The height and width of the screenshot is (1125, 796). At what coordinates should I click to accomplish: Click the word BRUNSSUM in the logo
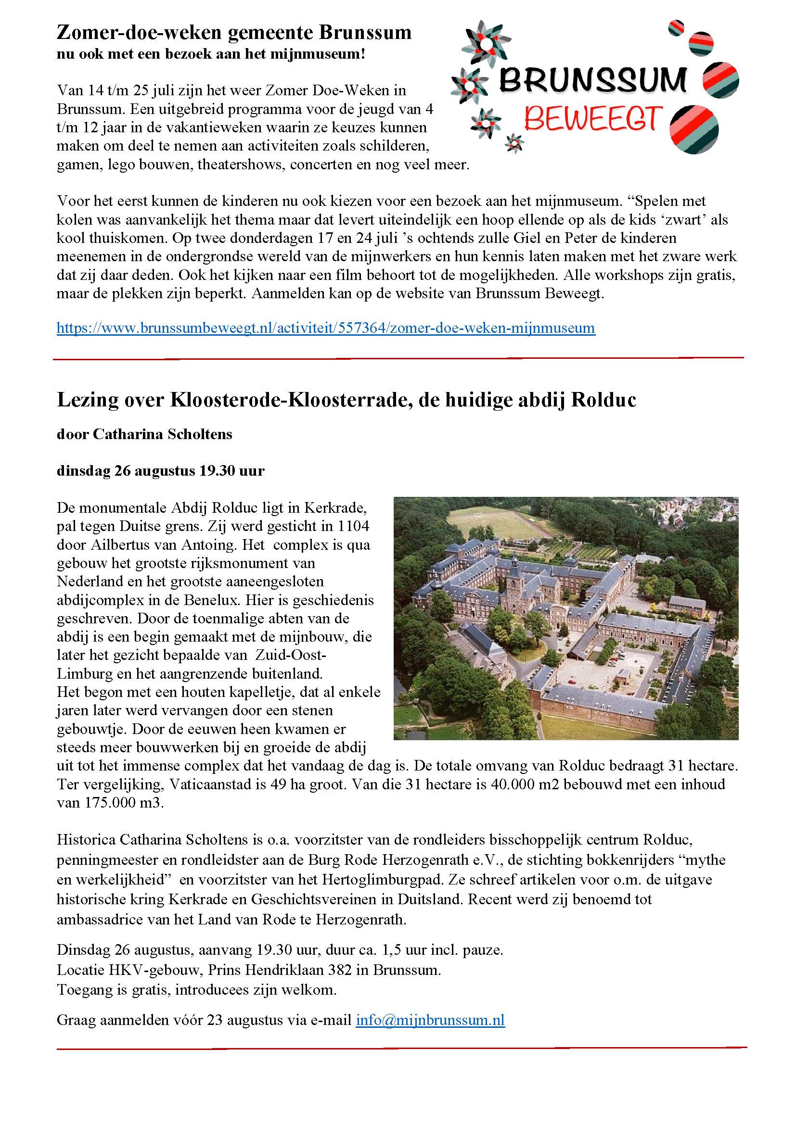pos(592,80)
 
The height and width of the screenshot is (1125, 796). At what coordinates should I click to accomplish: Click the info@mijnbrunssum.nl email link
pos(430,1020)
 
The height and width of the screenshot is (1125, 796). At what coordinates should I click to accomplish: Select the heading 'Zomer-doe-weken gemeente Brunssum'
pos(234,33)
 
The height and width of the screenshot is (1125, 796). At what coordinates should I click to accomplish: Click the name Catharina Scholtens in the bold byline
pos(162,435)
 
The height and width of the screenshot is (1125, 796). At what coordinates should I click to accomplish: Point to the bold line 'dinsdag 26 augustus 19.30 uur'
pos(160,471)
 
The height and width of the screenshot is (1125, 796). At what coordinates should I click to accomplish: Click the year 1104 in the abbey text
pos(353,526)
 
